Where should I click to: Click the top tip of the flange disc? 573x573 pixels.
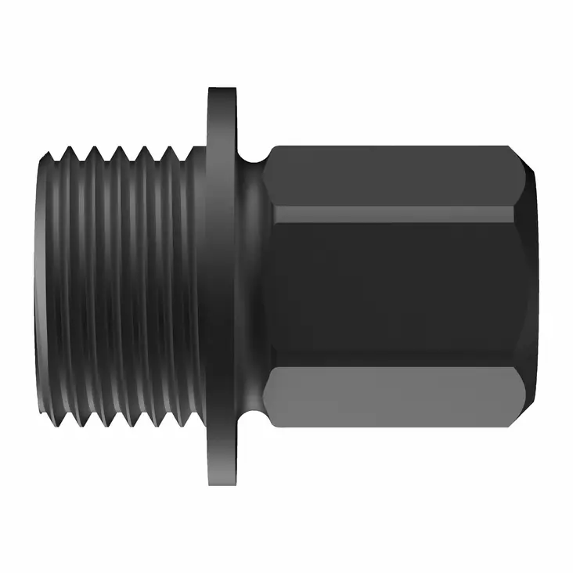point(222,87)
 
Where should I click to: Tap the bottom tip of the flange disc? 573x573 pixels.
point(222,485)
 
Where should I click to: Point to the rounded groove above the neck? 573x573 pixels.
point(252,160)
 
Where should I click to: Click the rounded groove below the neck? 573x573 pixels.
point(252,413)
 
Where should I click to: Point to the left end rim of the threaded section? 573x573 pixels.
point(38,286)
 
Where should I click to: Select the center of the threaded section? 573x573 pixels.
point(117,286)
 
